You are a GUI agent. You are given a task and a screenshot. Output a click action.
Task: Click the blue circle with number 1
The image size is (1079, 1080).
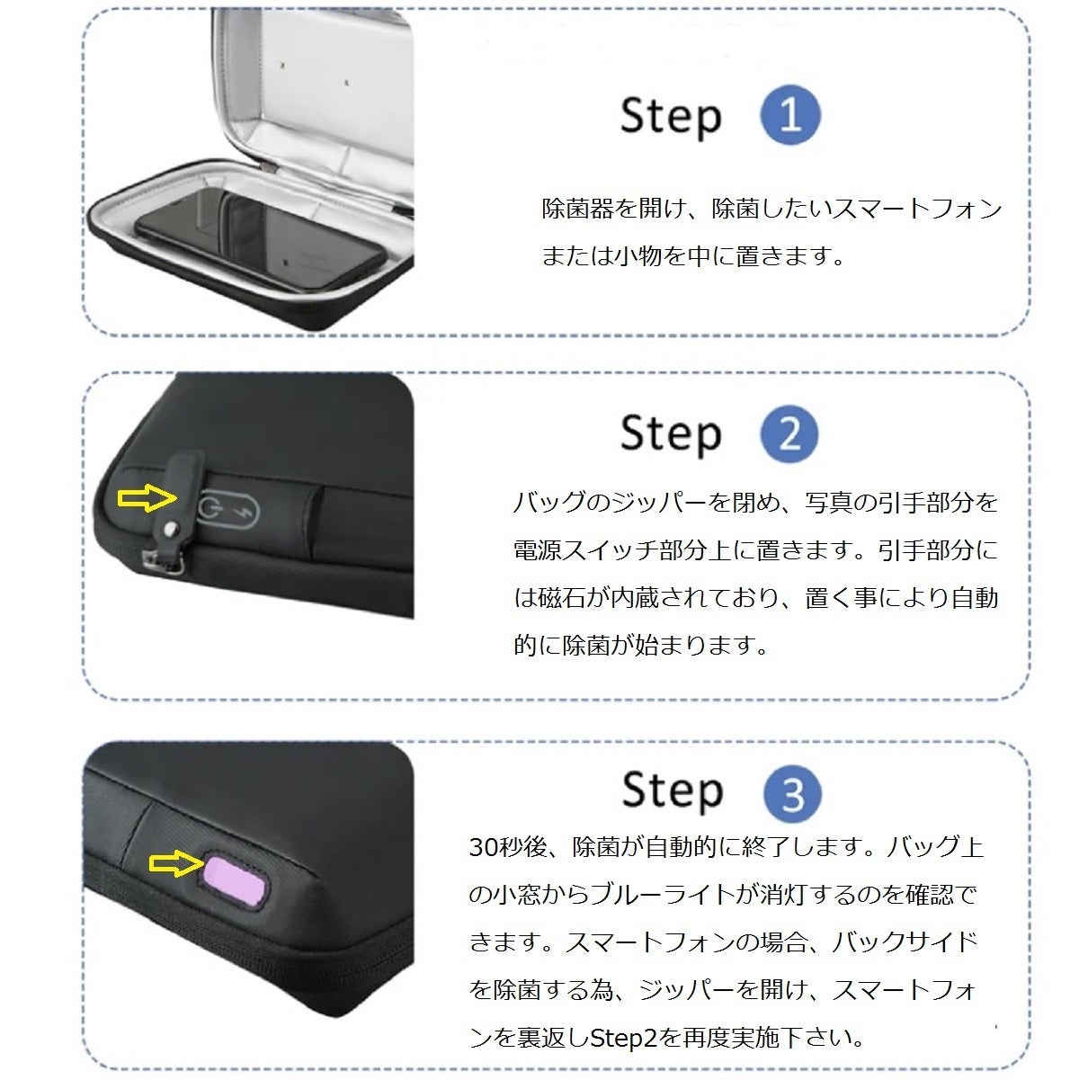(790, 115)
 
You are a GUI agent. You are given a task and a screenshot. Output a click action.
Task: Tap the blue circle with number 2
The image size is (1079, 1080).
(789, 434)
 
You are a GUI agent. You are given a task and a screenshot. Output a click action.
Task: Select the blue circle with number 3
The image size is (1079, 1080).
(792, 794)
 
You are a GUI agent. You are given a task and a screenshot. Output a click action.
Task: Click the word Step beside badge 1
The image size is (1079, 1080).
(671, 117)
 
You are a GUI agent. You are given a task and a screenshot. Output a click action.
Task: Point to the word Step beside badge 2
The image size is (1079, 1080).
(671, 435)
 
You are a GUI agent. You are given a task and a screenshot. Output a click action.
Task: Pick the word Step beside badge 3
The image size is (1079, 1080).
(673, 792)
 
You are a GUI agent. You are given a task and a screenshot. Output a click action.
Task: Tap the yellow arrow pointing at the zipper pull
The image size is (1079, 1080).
(147, 497)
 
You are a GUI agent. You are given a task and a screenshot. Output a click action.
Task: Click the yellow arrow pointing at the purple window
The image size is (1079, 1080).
(174, 862)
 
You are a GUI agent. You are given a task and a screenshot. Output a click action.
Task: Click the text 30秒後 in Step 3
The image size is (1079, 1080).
(507, 846)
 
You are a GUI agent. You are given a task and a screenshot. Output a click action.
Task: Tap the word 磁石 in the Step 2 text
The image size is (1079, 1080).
(562, 598)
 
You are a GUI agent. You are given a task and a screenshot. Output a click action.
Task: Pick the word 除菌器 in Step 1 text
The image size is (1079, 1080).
(578, 209)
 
